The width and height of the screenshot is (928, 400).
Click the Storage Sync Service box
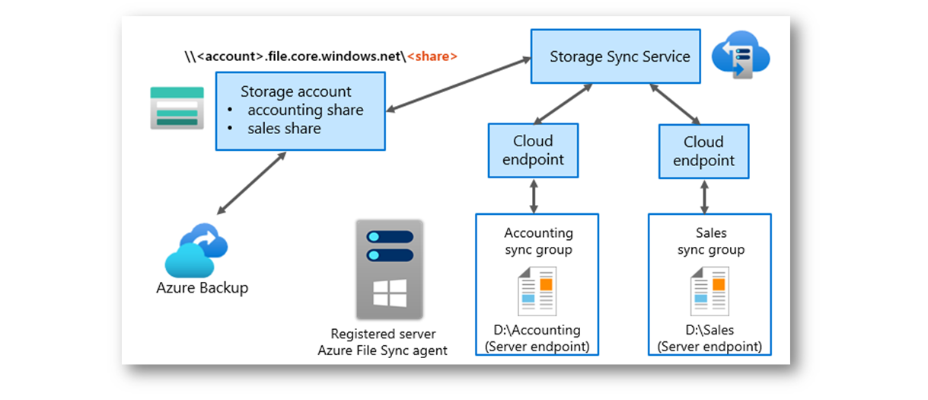click(615, 56)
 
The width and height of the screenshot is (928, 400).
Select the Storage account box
click(300, 110)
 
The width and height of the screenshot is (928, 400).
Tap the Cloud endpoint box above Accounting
click(533, 150)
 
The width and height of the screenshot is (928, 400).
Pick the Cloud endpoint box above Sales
click(703, 151)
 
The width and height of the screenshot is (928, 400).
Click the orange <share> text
click(432, 56)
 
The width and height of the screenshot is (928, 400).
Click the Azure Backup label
click(202, 288)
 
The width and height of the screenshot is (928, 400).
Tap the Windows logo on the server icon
click(389, 294)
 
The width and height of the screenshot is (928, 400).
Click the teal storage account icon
click(177, 107)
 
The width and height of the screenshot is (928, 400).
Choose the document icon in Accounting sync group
click(537, 291)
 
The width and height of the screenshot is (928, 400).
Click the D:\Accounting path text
click(537, 331)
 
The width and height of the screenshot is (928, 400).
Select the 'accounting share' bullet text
click(305, 110)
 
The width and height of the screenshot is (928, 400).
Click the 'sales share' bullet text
click(284, 129)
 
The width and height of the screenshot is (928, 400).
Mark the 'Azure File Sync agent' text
click(382, 350)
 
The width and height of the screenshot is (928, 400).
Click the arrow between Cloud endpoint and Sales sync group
click(704, 196)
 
